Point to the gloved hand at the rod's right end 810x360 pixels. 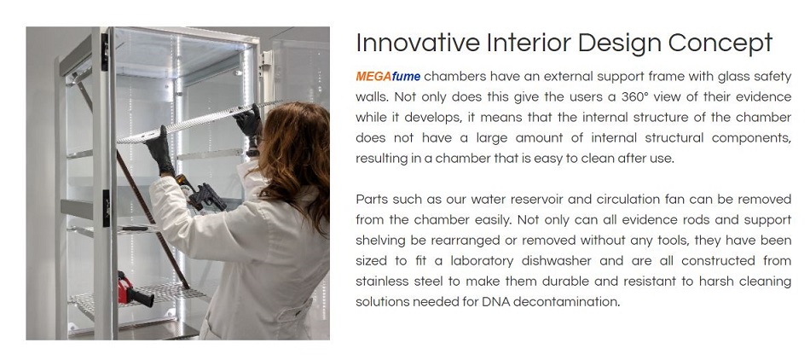(x=248, y=121)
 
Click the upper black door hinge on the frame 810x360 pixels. (x=105, y=52)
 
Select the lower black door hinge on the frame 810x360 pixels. (x=106, y=208)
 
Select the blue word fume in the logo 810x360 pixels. (x=406, y=77)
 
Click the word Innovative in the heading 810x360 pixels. (x=418, y=43)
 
